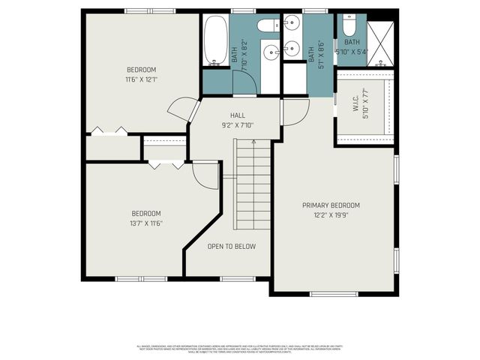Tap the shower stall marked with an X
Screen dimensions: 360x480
(381, 43)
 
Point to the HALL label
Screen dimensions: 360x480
(238, 115)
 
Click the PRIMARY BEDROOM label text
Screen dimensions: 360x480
(331, 205)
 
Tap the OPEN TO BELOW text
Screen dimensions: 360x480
(232, 247)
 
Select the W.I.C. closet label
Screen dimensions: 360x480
(357, 106)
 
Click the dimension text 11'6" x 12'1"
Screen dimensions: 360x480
(141, 79)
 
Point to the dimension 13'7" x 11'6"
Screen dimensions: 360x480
(148, 223)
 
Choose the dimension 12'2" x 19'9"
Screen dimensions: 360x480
(331, 215)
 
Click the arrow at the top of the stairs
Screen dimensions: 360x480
(253, 142)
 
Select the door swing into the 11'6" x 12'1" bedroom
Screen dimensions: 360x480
(181, 110)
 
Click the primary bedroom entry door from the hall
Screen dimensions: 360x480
(294, 112)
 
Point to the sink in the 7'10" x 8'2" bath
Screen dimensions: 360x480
(271, 52)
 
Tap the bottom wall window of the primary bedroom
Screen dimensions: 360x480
(333, 293)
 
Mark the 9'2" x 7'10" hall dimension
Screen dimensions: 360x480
(238, 125)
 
